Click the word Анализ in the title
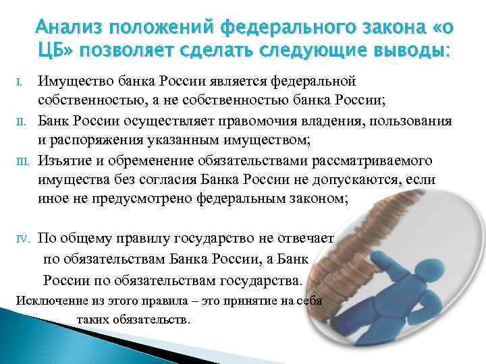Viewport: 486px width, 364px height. pos(74,27)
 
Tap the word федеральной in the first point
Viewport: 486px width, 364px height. pos(313,82)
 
